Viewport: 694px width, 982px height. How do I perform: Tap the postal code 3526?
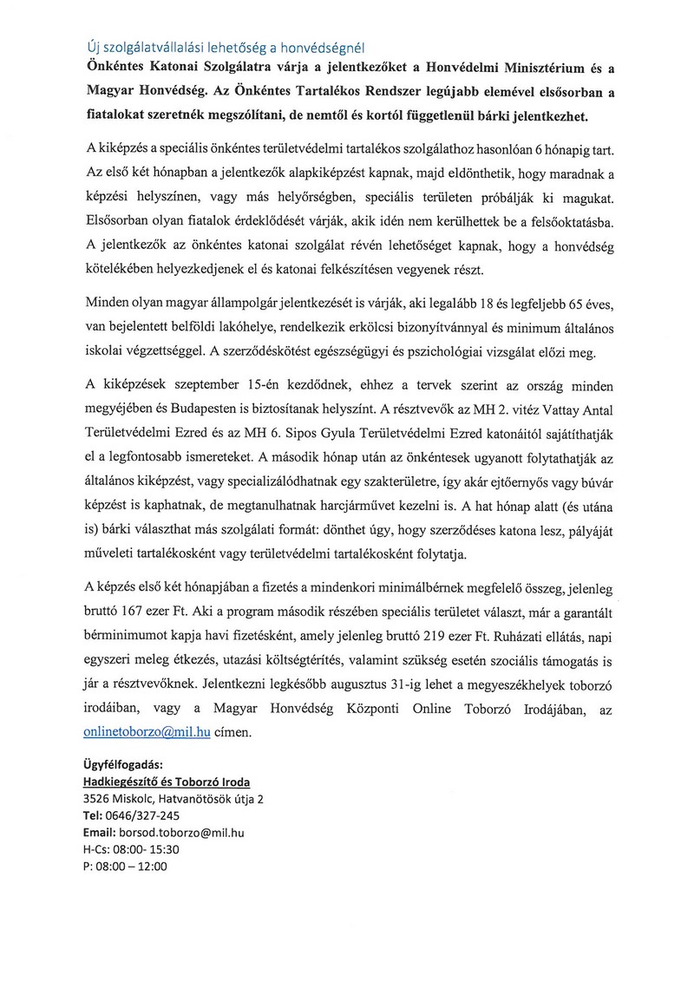[x=98, y=798]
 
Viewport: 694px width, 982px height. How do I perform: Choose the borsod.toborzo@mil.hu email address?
[x=182, y=832]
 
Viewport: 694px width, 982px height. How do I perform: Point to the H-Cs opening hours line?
[x=127, y=848]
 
